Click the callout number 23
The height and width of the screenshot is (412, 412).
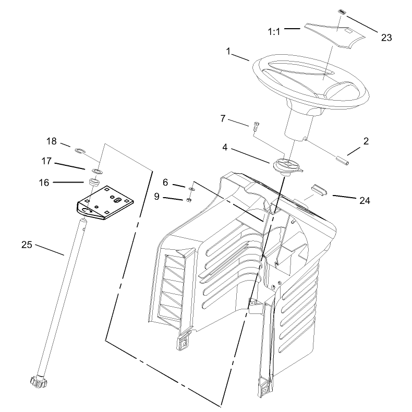(386, 38)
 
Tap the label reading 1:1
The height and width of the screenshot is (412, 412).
(274, 32)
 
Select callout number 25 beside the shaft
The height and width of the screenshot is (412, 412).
(27, 245)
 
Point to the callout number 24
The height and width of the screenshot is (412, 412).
(365, 201)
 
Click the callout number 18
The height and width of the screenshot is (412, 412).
(52, 141)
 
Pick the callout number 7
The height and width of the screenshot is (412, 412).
(223, 119)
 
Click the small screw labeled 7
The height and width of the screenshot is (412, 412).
(256, 127)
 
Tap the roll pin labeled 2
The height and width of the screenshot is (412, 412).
(342, 160)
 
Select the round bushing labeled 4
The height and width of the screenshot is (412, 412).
(287, 166)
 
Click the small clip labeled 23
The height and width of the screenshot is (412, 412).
(341, 12)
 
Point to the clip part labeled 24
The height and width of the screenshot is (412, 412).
(319, 190)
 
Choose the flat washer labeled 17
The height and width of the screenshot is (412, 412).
(97, 171)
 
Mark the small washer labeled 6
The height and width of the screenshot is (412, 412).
(192, 189)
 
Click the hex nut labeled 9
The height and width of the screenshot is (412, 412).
(188, 200)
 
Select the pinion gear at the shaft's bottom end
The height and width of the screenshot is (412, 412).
(38, 381)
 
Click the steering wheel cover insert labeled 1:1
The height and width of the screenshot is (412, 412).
(335, 35)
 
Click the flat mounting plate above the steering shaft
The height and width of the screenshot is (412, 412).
(105, 203)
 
